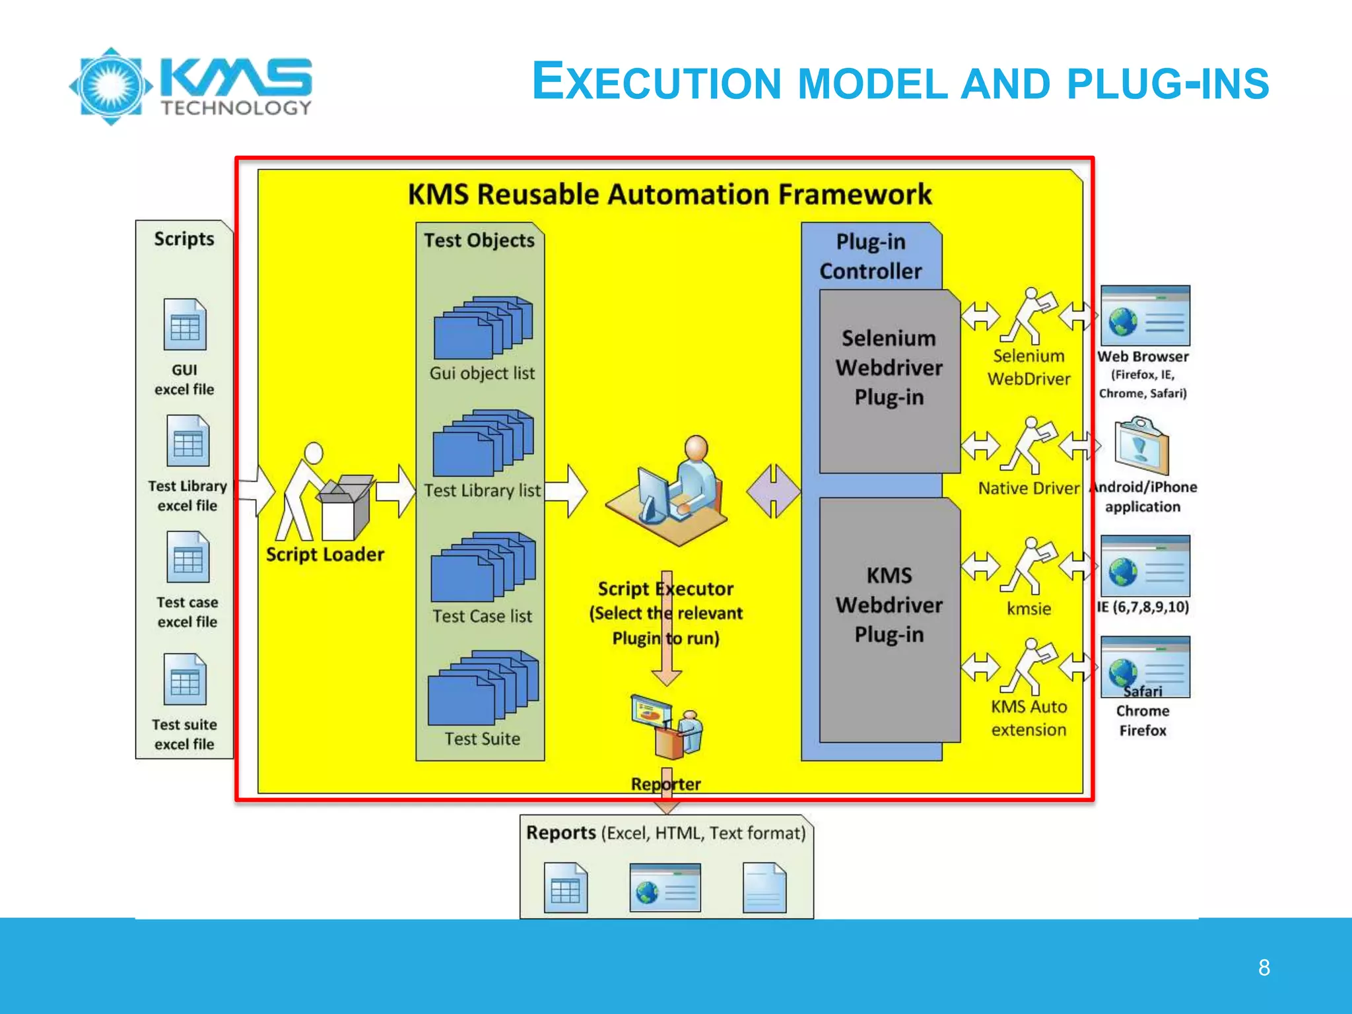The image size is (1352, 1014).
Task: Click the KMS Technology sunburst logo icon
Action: pos(111,86)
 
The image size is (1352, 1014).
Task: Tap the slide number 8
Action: pos(1264,968)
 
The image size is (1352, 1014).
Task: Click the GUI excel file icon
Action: pos(185,325)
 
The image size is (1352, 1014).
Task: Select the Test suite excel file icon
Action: pos(185,679)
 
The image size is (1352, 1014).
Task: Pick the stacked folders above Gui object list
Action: pos(483,327)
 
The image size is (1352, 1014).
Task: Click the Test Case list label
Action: pos(482,616)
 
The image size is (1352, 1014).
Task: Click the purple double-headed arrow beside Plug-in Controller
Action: pos(773,491)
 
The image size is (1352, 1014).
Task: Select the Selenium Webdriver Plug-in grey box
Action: pos(889,381)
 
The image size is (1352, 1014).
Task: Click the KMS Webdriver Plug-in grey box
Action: pos(889,619)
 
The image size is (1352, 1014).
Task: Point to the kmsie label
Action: pos(1029,609)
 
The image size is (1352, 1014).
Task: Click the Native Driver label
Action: pos(1028,489)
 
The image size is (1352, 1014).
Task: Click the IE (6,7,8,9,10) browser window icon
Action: pos(1145,566)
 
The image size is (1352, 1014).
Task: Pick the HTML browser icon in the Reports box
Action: pos(665,887)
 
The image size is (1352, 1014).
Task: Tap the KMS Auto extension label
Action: pos(1029,718)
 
